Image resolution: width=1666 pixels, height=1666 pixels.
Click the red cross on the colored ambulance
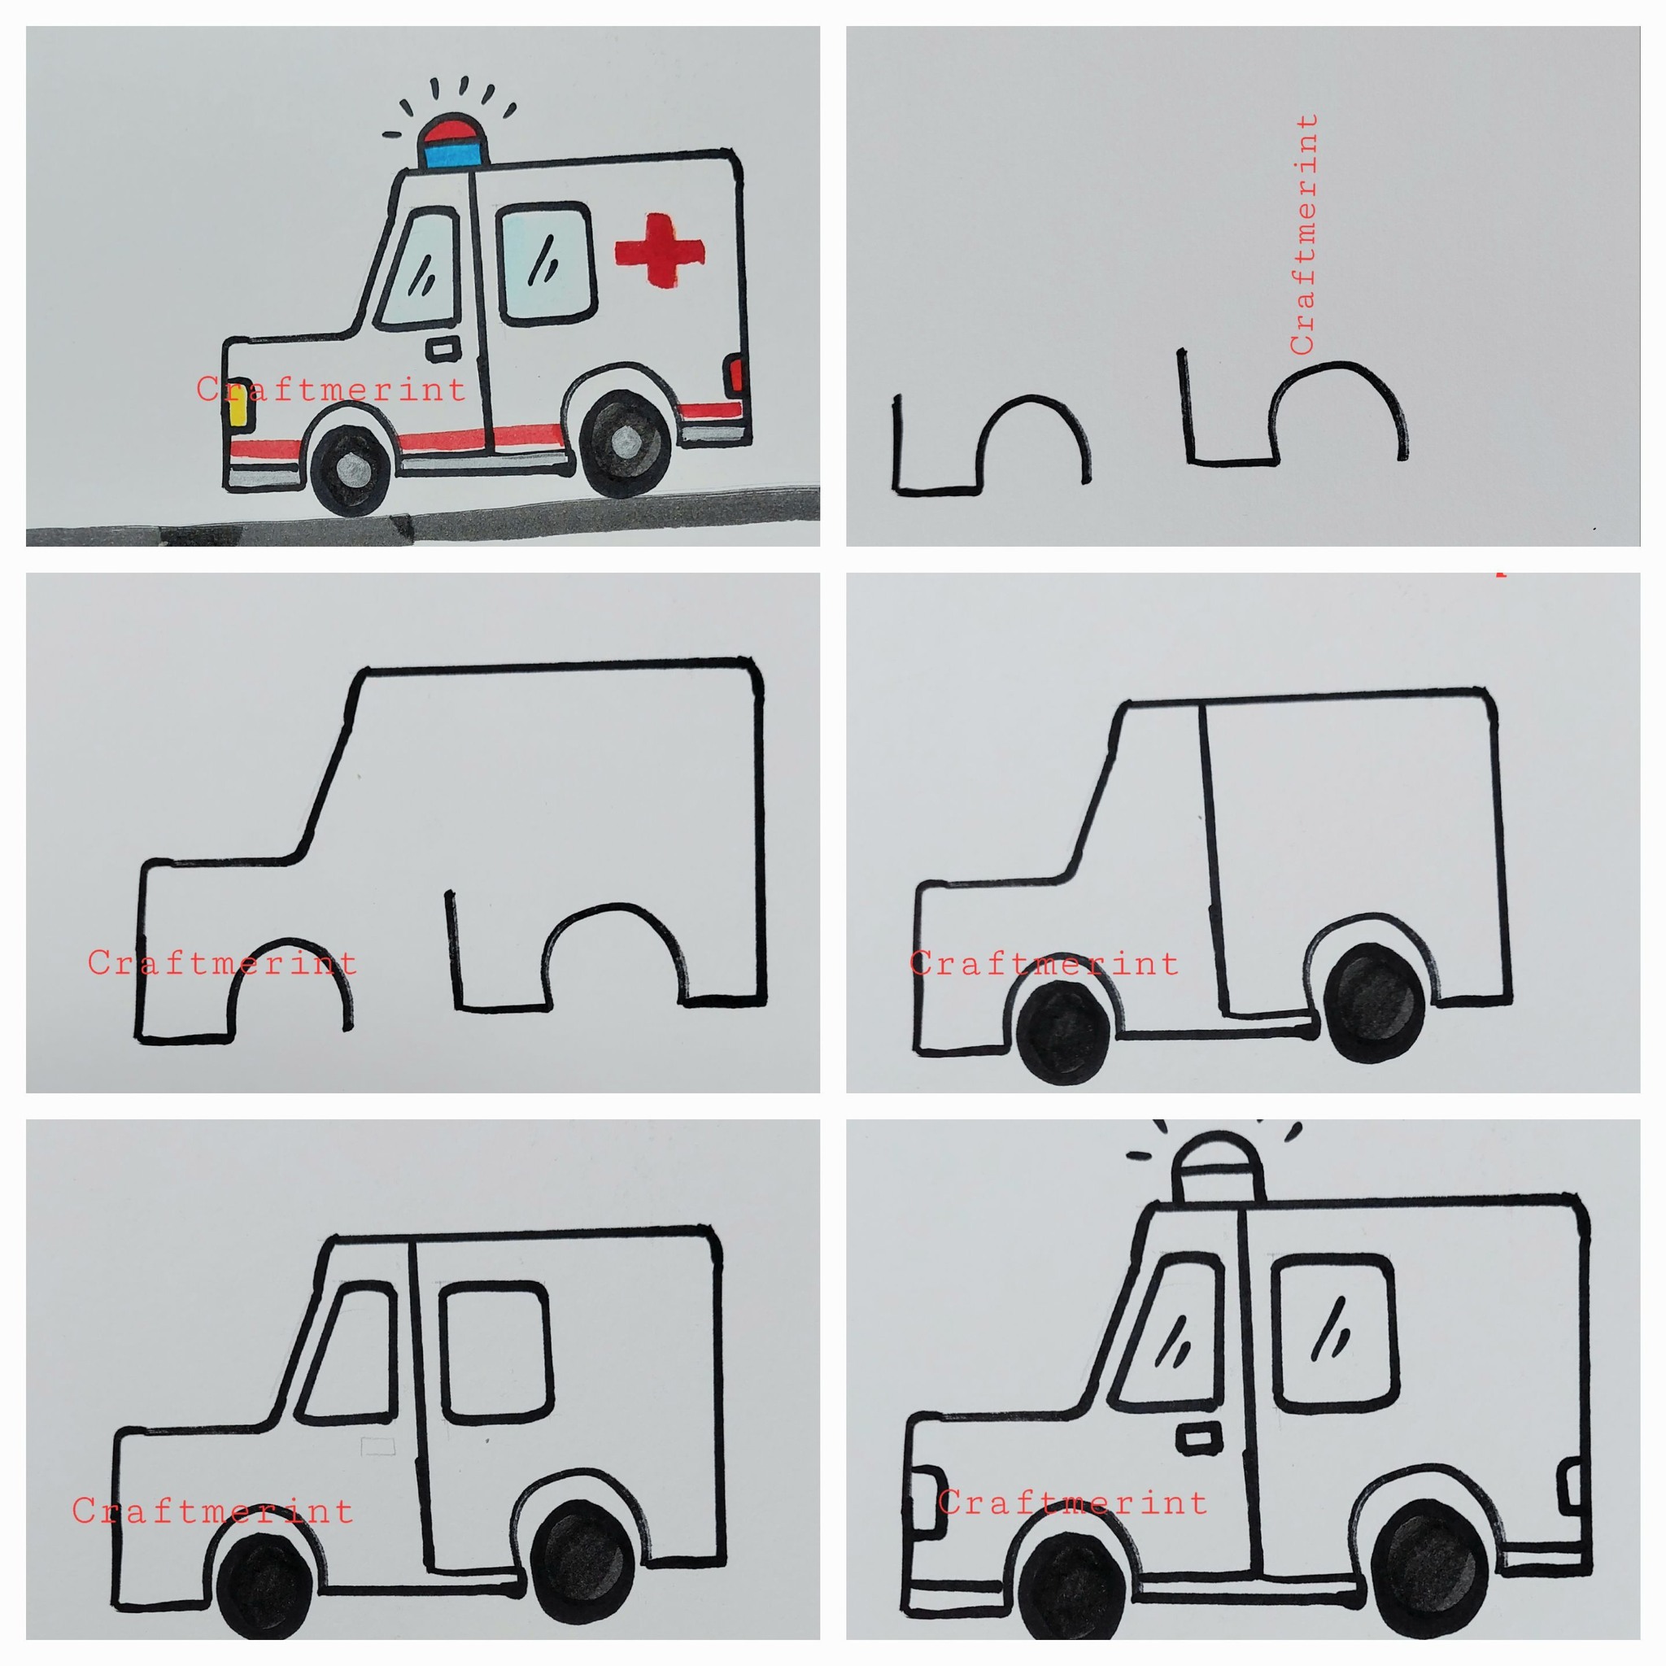coord(660,250)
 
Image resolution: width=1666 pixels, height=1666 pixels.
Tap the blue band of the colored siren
coord(449,154)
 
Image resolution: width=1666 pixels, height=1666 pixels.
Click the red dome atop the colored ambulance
coord(449,129)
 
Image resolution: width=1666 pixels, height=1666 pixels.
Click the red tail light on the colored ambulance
coord(735,375)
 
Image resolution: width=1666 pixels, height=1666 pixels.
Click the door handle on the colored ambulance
coord(443,348)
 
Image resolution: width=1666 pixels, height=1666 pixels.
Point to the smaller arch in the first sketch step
coord(1033,436)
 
